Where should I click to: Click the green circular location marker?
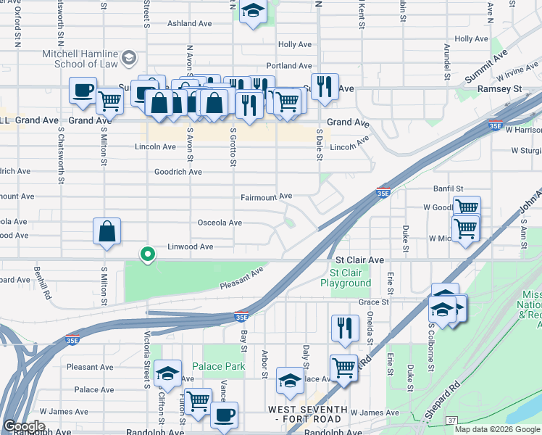click(x=148, y=254)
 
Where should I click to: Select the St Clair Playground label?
click(x=351, y=278)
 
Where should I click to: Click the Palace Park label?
click(x=218, y=366)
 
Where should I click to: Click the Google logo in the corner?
click(x=23, y=426)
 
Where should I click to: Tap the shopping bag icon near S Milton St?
click(x=107, y=233)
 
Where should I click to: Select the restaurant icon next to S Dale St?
click(x=325, y=87)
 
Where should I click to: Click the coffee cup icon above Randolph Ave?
click(x=224, y=415)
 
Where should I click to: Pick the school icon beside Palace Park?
click(x=167, y=373)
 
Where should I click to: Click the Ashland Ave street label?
click(x=189, y=23)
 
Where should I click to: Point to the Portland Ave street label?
click(x=288, y=66)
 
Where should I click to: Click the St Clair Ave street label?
click(x=359, y=260)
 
